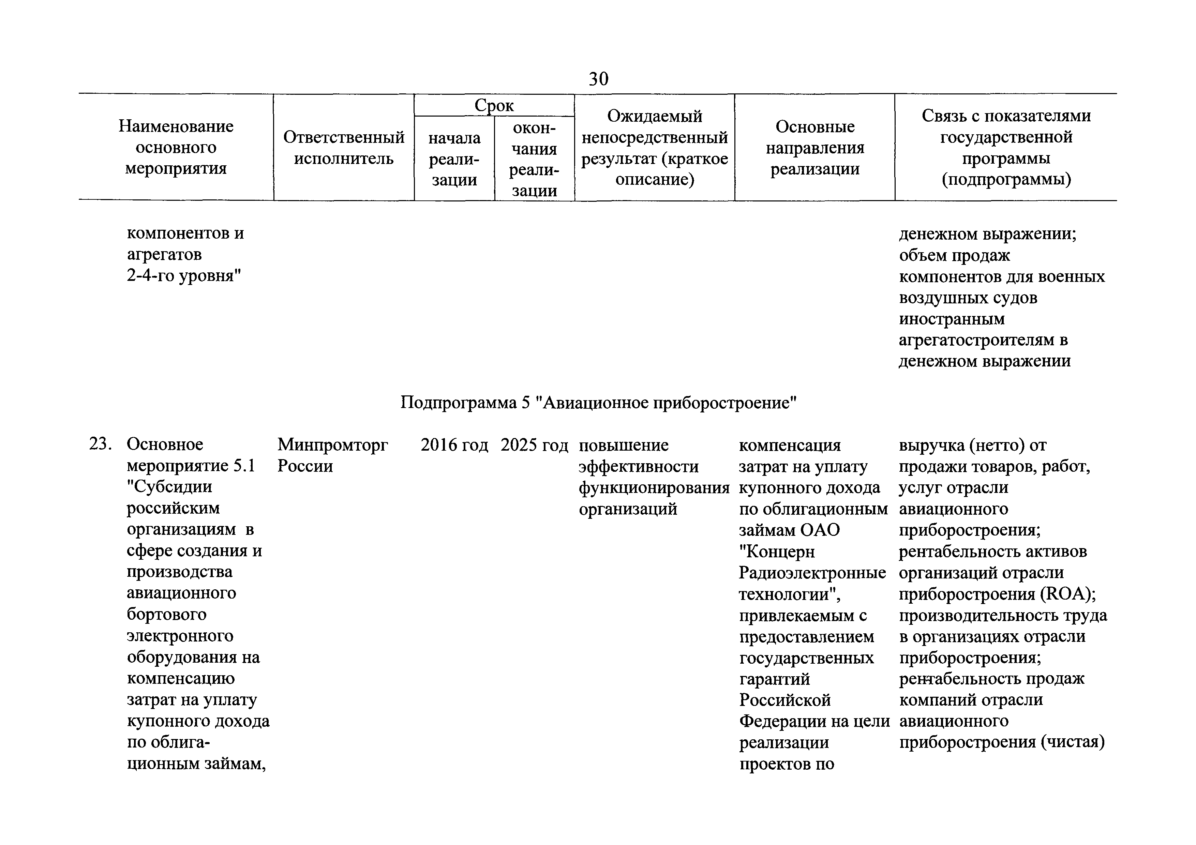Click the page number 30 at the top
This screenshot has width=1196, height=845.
tap(598, 79)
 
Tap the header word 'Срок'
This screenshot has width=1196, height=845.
tap(494, 106)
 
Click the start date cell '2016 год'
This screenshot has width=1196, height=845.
tap(454, 445)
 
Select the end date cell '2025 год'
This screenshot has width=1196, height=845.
tap(535, 445)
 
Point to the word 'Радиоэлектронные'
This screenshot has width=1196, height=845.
tap(812, 573)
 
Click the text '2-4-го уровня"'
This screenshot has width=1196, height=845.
tap(184, 275)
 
